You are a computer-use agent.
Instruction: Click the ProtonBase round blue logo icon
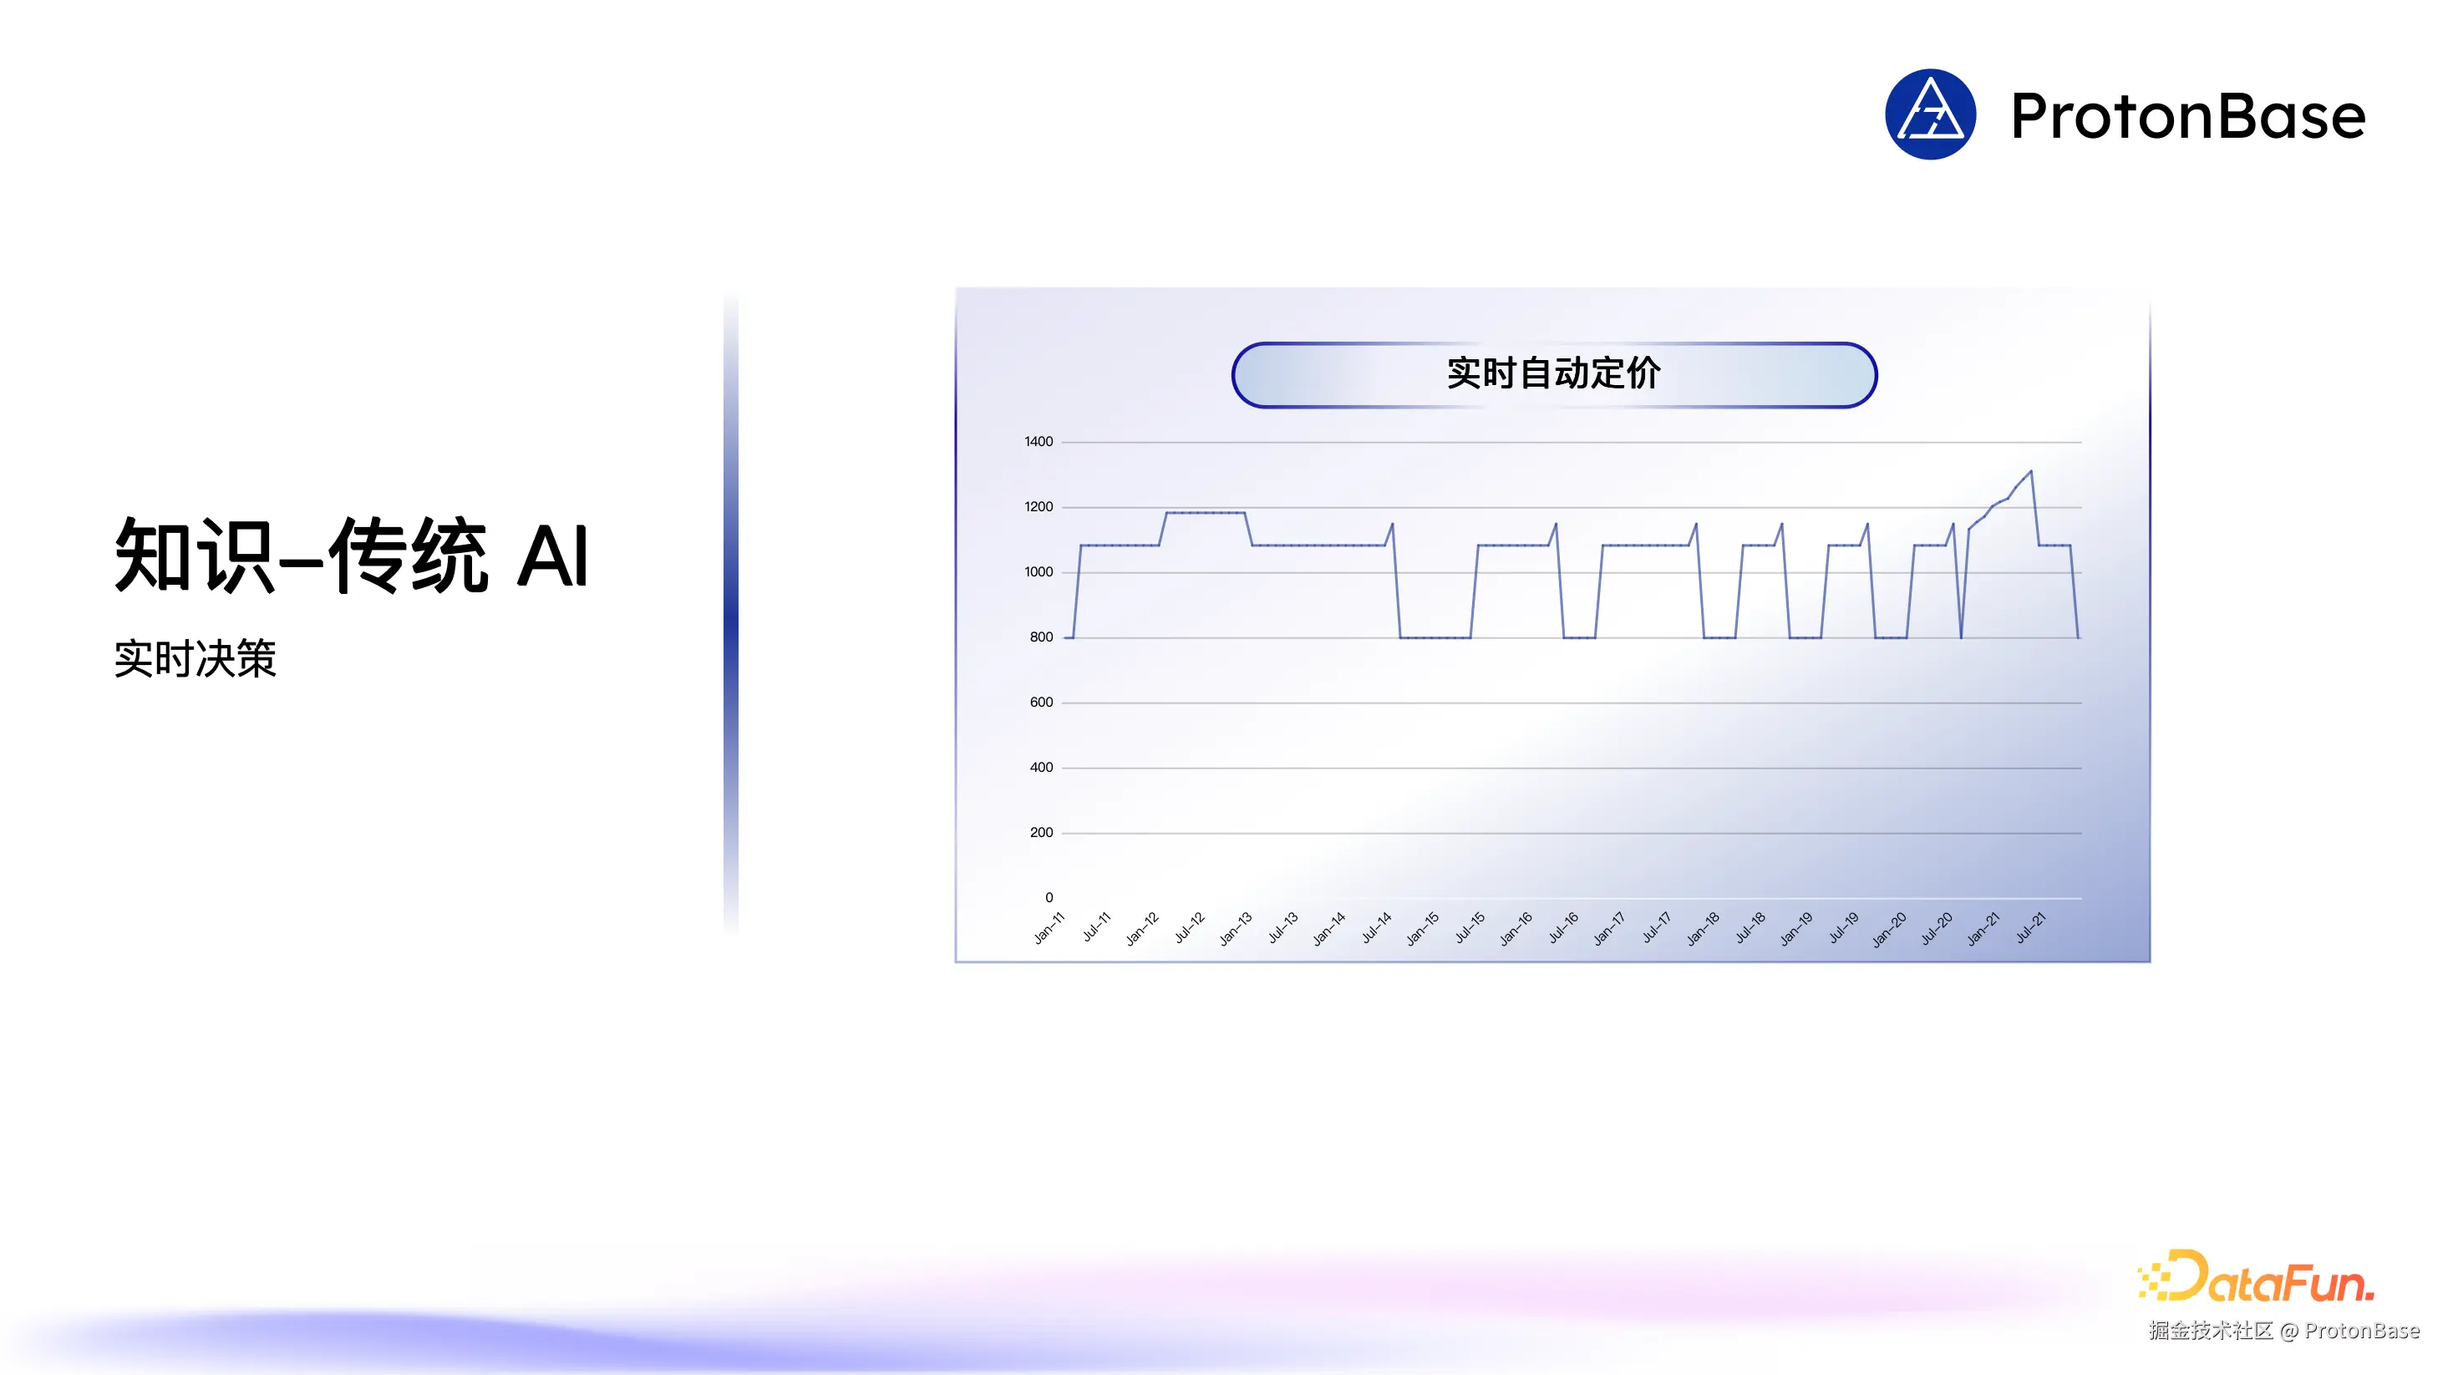click(x=1929, y=114)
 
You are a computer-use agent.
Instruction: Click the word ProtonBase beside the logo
click(x=2187, y=116)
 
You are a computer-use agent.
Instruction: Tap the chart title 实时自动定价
click(x=1553, y=373)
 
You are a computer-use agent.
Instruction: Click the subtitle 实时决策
click(x=196, y=659)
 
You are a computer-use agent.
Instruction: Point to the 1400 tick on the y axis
click(x=1038, y=442)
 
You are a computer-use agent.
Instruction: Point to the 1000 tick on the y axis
click(x=1038, y=572)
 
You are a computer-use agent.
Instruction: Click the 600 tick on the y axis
click(x=1041, y=703)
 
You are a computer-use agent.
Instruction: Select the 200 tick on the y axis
click(x=1041, y=833)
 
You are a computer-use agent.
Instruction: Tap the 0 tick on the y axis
click(x=1049, y=898)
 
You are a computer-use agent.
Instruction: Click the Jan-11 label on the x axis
click(x=1049, y=927)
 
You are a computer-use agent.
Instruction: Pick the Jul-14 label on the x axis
click(x=1376, y=927)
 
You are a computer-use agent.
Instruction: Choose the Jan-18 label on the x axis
click(x=1703, y=928)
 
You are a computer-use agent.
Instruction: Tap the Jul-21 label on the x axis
click(x=2030, y=927)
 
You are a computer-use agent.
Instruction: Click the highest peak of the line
click(x=2030, y=471)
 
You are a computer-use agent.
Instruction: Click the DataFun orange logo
click(x=2256, y=1277)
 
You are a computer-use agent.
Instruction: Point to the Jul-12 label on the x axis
click(x=1190, y=927)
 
